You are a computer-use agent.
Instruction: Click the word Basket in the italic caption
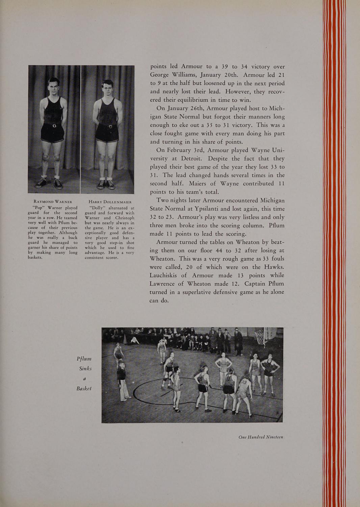[x=84, y=388]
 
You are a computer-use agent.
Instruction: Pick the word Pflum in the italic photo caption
[x=84, y=359]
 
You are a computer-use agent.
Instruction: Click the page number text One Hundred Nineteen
[x=260, y=437]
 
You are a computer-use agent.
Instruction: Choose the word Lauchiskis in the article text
[x=168, y=275]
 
